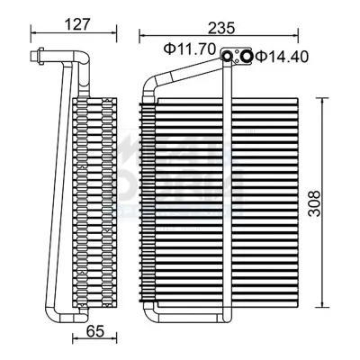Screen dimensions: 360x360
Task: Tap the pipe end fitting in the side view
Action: (36, 59)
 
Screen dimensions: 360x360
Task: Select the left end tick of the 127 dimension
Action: (32, 33)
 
